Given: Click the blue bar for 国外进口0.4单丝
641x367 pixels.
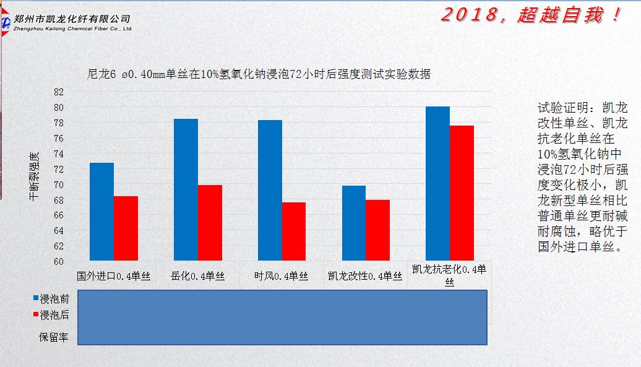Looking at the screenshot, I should [101, 212].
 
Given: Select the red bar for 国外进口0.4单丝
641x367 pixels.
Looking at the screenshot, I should [126, 228].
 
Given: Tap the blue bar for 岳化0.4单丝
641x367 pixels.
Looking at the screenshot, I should [186, 189].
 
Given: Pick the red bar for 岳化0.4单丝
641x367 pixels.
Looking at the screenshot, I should [210, 223].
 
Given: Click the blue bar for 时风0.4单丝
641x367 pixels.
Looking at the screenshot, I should [270, 190].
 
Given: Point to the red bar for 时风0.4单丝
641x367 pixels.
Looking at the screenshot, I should [294, 231].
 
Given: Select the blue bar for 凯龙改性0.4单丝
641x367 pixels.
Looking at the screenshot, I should [354, 223].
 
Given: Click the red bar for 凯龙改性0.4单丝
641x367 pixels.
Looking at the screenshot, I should [377, 230].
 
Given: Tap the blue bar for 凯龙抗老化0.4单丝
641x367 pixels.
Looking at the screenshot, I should [438, 183].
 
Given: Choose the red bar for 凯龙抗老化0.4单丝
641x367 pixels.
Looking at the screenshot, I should [462, 193].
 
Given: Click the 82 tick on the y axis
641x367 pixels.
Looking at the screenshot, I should [59, 92].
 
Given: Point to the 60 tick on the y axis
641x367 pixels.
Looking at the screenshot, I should [59, 261].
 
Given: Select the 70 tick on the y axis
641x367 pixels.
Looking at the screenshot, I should [59, 184].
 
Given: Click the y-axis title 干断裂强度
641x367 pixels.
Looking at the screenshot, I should [34, 176].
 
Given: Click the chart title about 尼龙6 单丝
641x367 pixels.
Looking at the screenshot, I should [259, 74].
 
